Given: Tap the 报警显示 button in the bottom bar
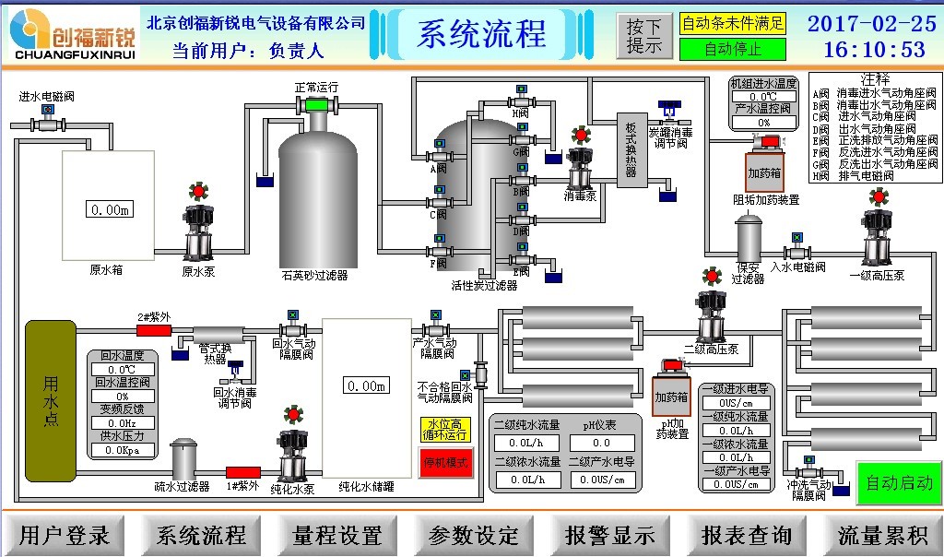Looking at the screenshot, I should (610, 535).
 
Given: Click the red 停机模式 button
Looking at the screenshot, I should (446, 461).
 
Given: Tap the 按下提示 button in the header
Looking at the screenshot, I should (645, 36).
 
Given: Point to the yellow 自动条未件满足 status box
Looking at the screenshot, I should (733, 23).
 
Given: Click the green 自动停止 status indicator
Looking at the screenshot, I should (733, 49).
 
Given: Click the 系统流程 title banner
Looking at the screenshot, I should (482, 34).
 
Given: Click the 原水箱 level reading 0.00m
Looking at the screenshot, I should (110, 209).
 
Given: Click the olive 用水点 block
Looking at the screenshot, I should (50, 401).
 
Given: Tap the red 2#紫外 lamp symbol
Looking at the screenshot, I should (154, 330).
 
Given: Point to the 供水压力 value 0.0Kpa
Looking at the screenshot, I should (122, 450).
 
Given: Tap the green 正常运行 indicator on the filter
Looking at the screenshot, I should (316, 104).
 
